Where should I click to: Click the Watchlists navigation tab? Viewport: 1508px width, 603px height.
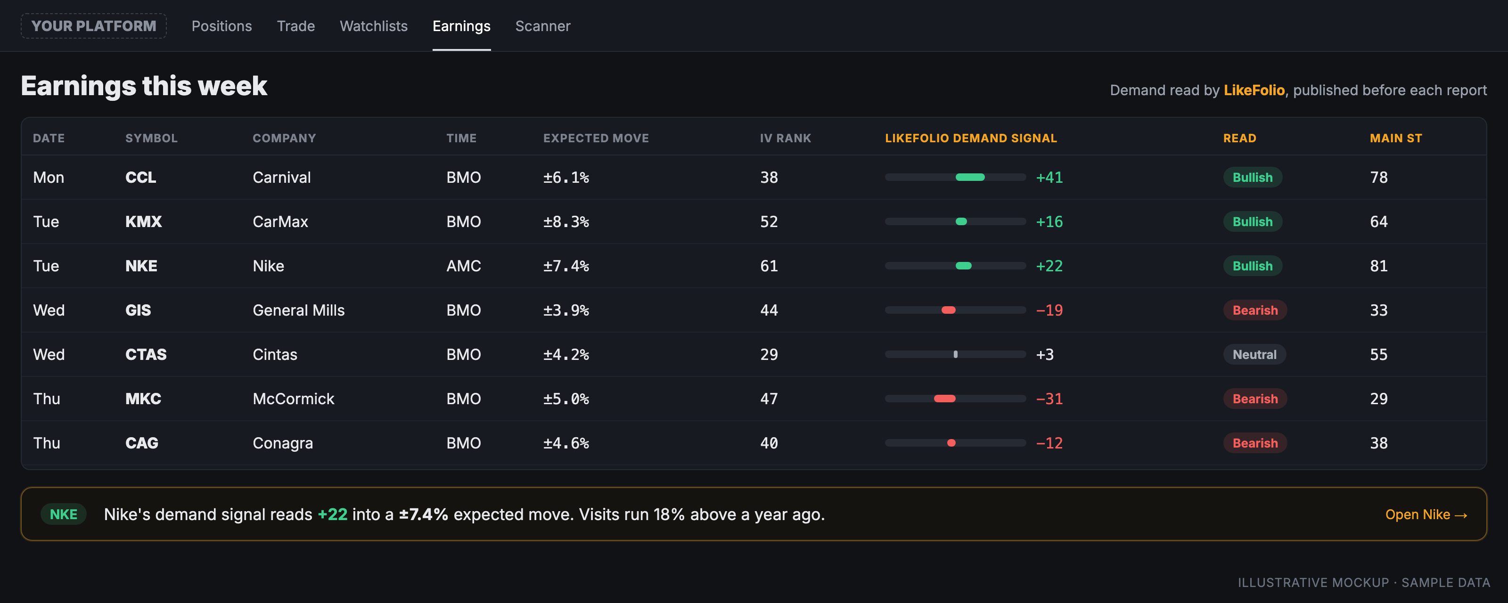click(374, 26)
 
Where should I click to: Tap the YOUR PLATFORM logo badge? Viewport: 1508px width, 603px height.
click(94, 26)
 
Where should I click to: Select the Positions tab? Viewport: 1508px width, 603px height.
click(221, 26)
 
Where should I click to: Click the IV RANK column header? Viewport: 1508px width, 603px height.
click(785, 138)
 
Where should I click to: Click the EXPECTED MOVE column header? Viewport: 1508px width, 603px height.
click(596, 138)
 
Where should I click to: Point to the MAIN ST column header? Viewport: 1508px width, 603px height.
click(1395, 138)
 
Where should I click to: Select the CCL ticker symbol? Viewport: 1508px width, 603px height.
click(140, 178)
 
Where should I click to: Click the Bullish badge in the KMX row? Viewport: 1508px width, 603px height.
click(1252, 222)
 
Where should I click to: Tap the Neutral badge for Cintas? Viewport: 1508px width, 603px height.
click(1254, 355)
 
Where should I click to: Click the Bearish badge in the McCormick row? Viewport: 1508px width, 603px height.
click(1254, 399)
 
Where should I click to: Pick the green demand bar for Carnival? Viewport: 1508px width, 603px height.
click(970, 178)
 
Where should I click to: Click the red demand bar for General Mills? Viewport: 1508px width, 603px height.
click(948, 310)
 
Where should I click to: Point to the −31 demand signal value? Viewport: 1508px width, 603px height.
click(1049, 399)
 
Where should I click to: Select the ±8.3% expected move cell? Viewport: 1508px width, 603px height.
click(565, 222)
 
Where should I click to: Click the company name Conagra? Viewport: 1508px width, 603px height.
click(283, 443)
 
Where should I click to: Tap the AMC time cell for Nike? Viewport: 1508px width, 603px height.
click(463, 266)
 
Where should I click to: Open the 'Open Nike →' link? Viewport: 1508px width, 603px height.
click(1426, 514)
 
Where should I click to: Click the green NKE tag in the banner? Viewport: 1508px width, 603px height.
click(63, 514)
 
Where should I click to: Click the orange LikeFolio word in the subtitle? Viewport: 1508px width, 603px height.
click(1254, 90)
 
